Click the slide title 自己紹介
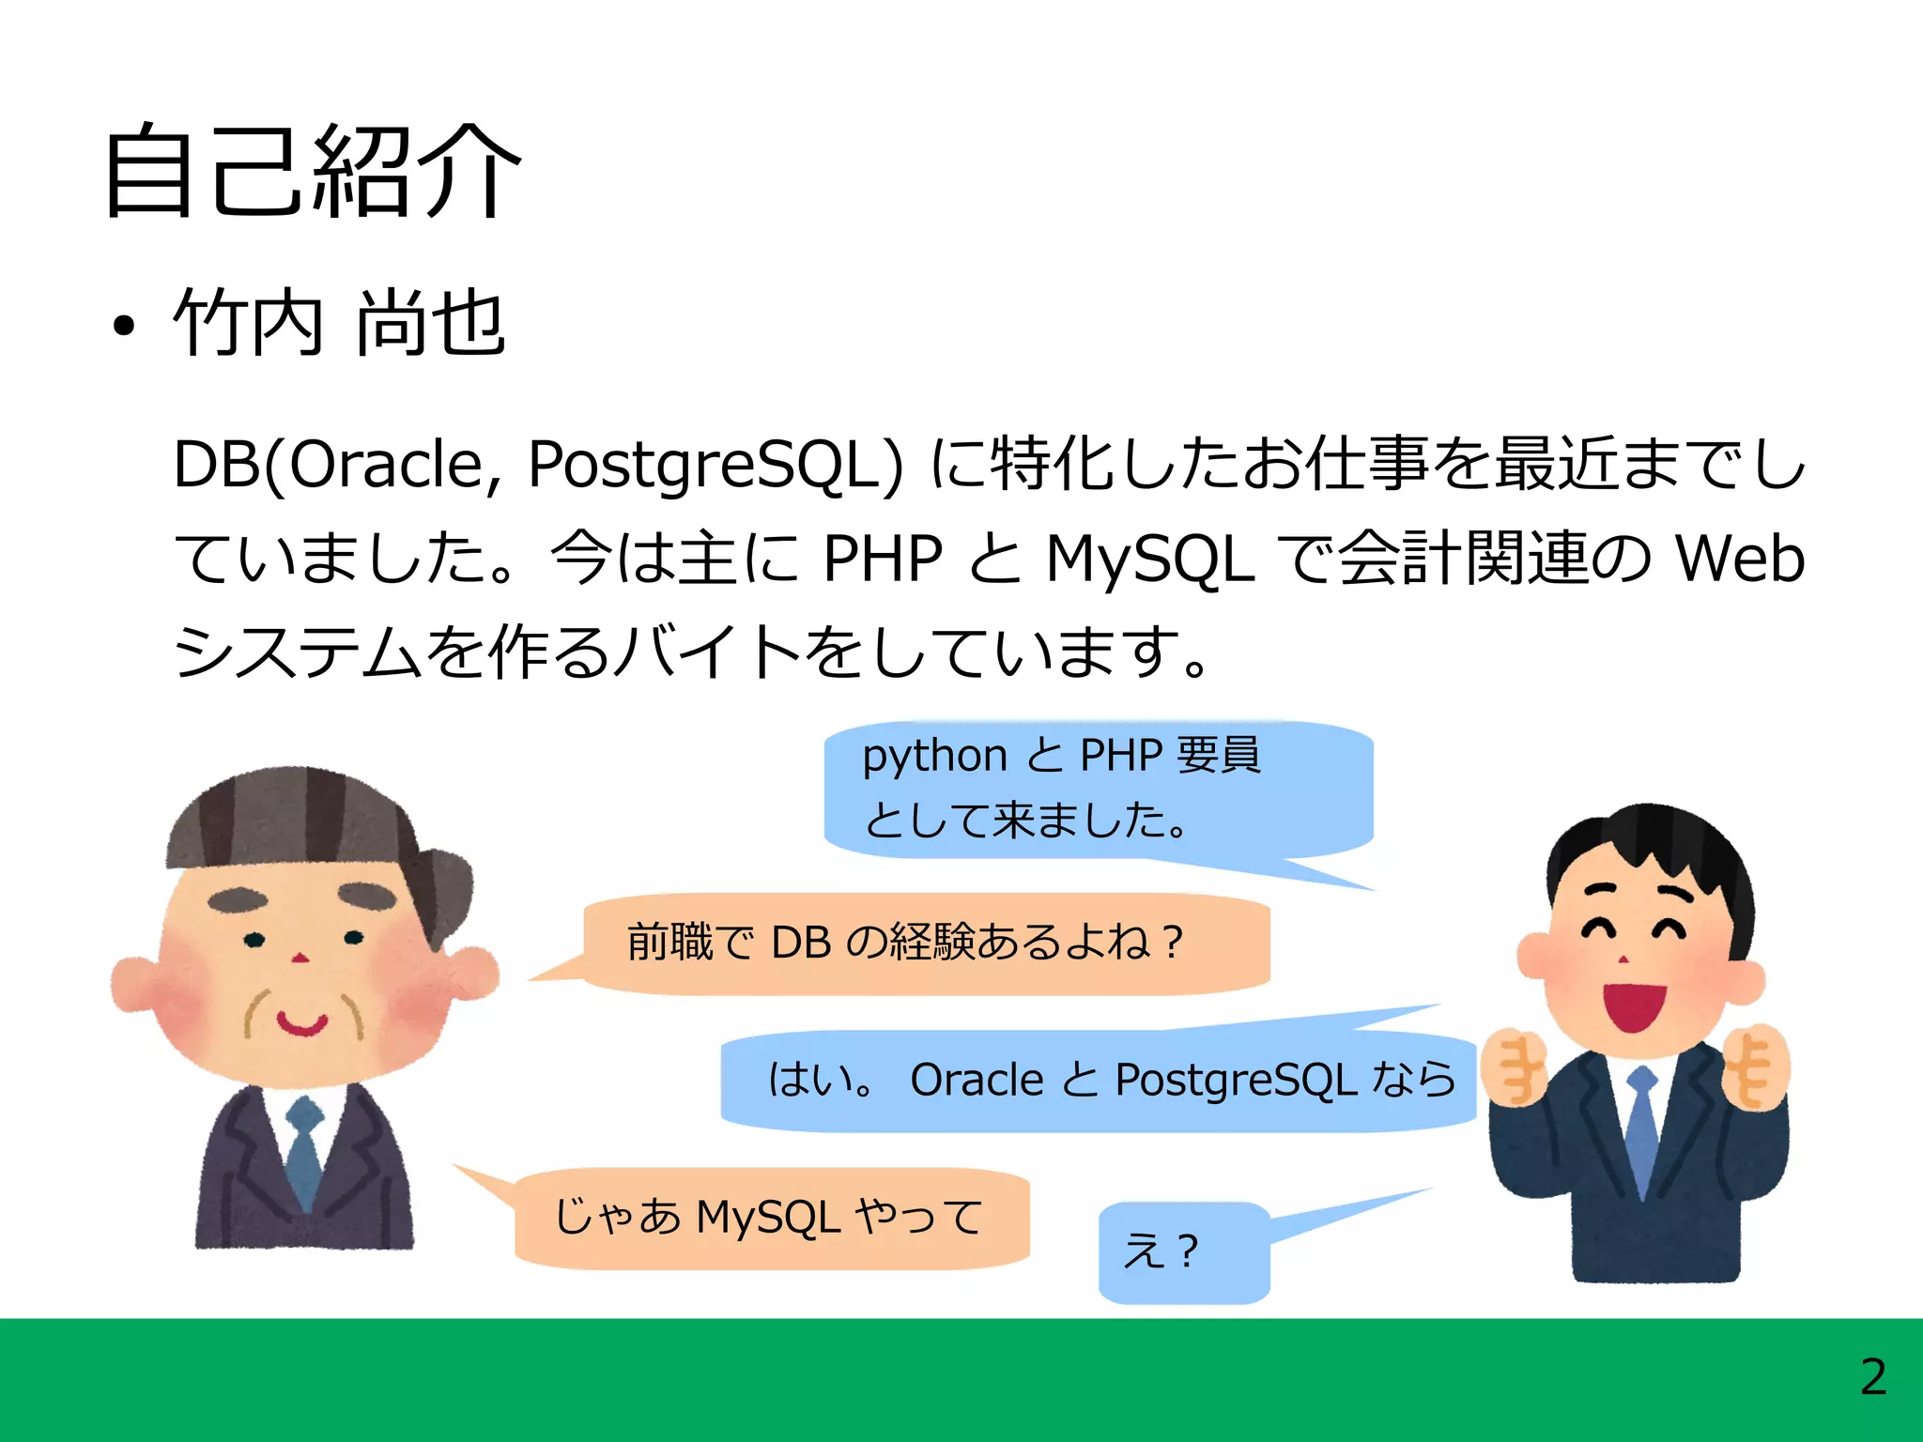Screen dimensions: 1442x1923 coord(312,171)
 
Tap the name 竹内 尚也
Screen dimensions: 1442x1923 coord(340,323)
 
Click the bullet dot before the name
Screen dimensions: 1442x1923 coord(123,327)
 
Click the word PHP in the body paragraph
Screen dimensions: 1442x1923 coord(882,558)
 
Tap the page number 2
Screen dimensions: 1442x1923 coord(1872,1377)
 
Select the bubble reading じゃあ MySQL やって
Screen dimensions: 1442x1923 coord(770,1218)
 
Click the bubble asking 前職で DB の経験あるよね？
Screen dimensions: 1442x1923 coord(925,943)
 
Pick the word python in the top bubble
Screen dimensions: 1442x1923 coord(934,756)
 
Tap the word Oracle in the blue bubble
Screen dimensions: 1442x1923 coord(977,1080)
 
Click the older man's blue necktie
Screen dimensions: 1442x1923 coord(304,1155)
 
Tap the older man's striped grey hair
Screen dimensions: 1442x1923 coord(291,817)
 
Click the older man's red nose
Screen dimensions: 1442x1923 coord(300,958)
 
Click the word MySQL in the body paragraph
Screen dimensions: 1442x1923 coord(1149,558)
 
